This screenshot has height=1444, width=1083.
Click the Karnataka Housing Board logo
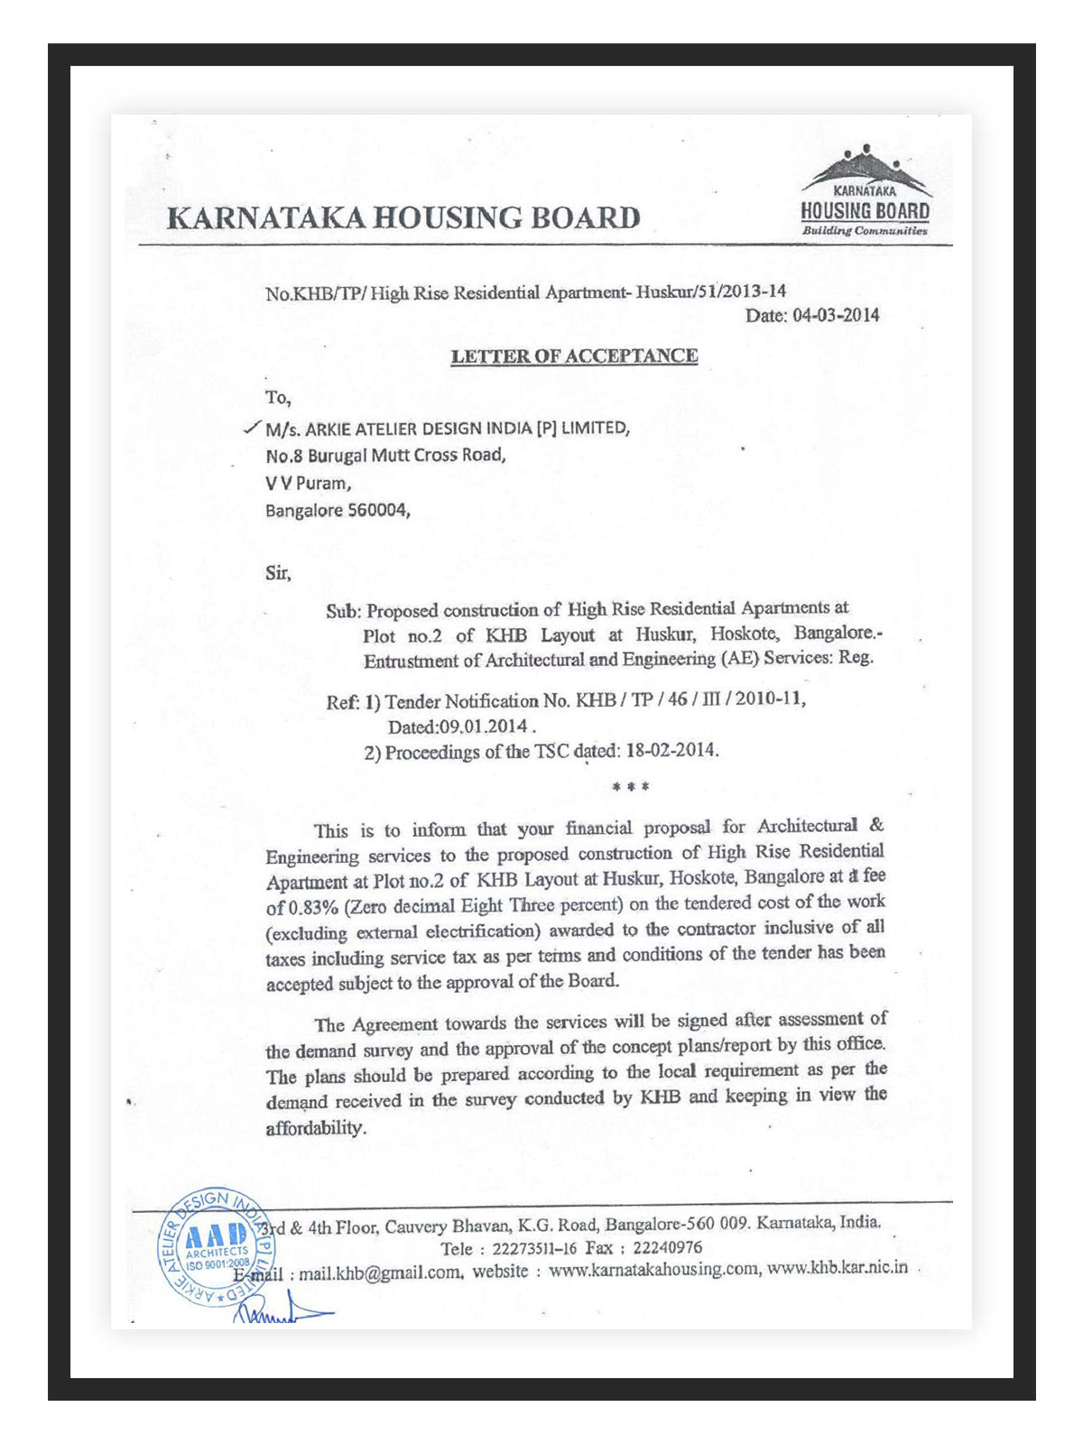coord(865,192)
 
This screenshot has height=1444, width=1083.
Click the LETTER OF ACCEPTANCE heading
coord(574,356)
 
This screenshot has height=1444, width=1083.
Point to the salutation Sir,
coord(278,572)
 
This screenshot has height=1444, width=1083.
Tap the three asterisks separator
coord(630,787)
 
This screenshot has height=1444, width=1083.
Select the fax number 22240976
coord(667,1247)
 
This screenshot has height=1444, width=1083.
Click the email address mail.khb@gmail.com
coord(381,1273)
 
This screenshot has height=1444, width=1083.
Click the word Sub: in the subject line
coord(343,611)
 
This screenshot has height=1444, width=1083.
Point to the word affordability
coord(316,1128)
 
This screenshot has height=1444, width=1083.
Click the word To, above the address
coord(277,397)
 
